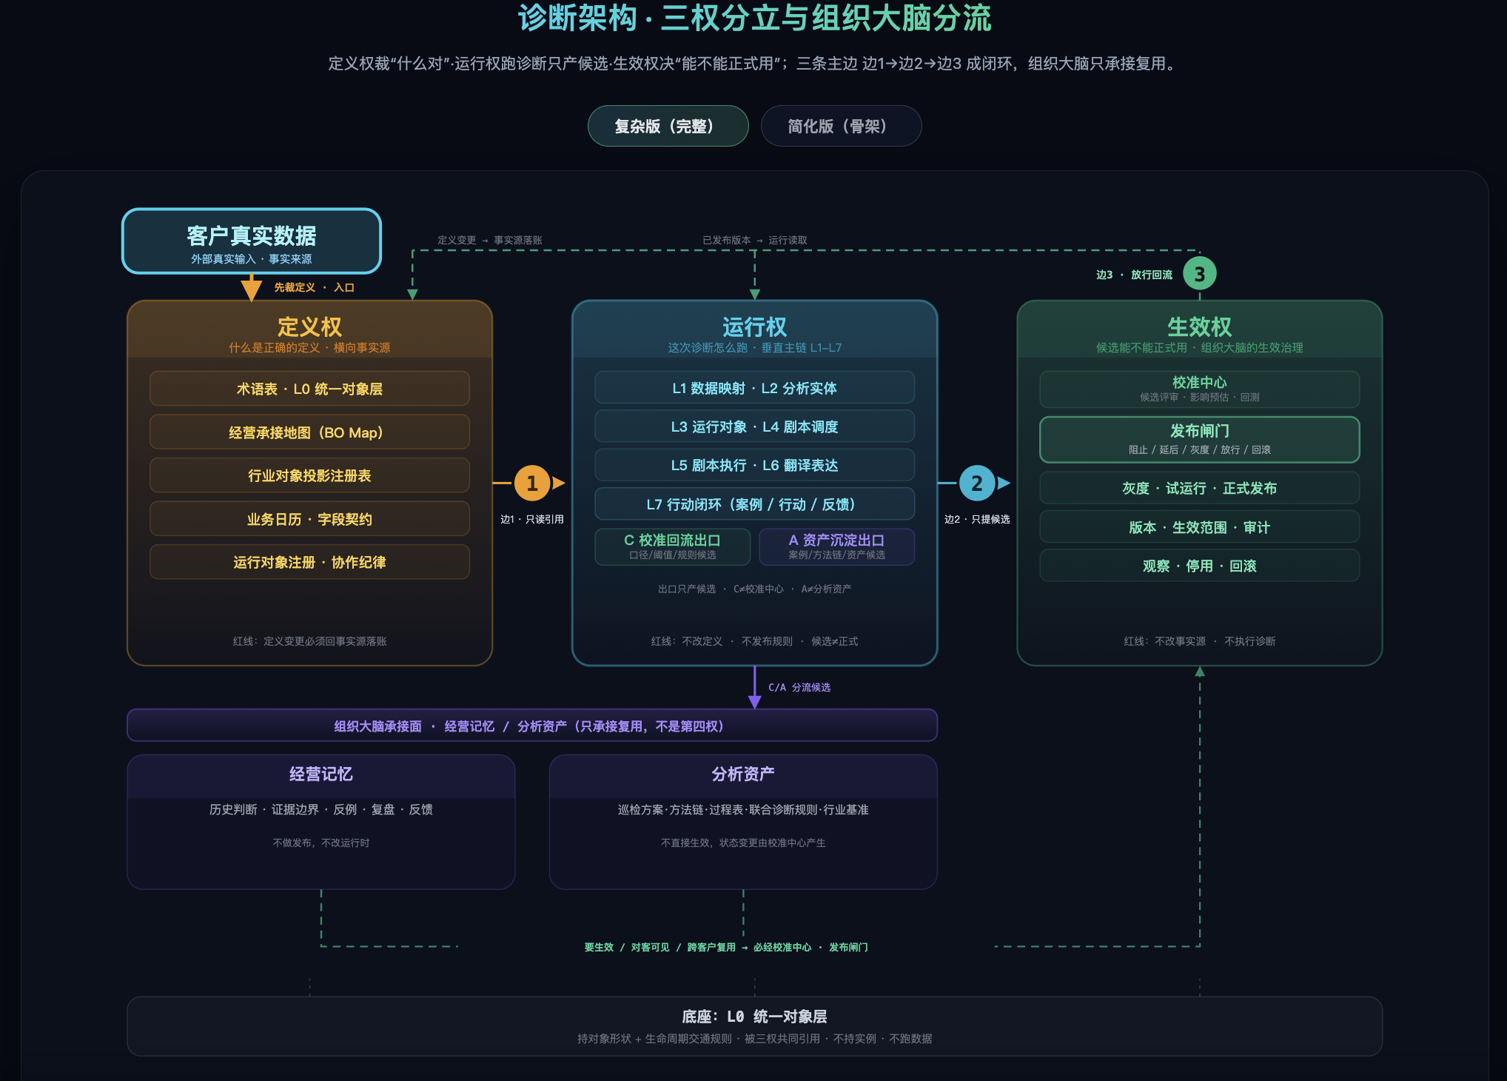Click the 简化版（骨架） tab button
(x=841, y=126)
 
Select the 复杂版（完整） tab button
(x=668, y=126)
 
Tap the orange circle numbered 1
(x=531, y=483)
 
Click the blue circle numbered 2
(x=977, y=483)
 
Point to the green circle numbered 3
(x=1199, y=274)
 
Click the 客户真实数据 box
(x=252, y=241)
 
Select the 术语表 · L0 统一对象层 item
(x=309, y=389)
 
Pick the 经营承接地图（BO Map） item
(x=309, y=432)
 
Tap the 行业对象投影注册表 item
(x=309, y=475)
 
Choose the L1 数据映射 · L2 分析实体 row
(x=754, y=388)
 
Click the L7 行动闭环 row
(x=754, y=504)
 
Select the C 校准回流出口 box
(x=672, y=546)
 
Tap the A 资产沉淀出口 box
(x=836, y=546)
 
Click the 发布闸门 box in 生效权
(x=1199, y=440)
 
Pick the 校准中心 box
(x=1199, y=389)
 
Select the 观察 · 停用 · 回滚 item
(x=1199, y=566)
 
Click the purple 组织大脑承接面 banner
(x=532, y=726)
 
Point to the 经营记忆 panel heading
(x=320, y=774)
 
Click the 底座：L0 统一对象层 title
(x=754, y=1017)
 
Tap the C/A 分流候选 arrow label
(x=799, y=687)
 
